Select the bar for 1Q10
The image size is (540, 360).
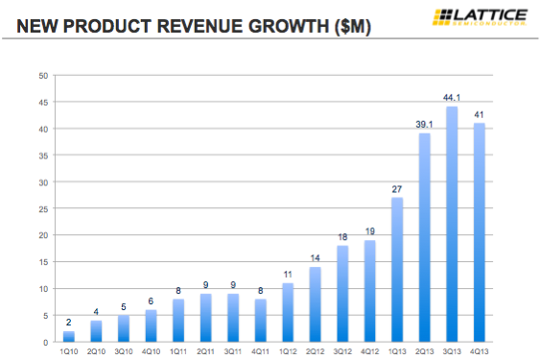click(68, 336)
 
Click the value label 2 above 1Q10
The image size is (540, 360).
click(68, 322)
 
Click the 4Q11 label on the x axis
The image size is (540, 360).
click(260, 350)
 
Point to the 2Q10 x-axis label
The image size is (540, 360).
click(96, 350)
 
